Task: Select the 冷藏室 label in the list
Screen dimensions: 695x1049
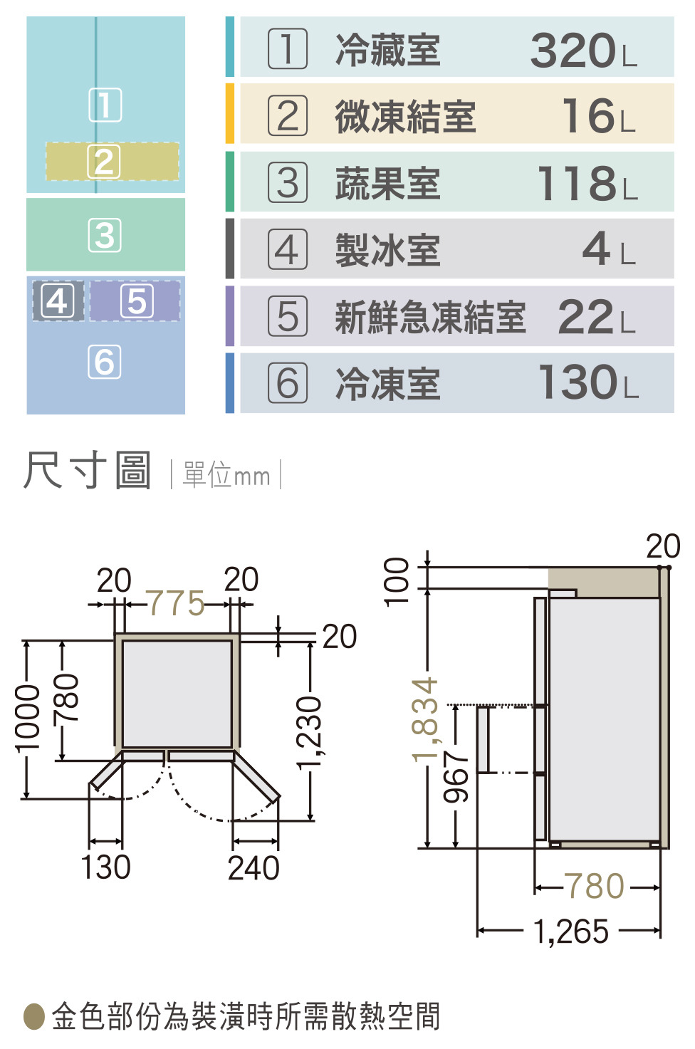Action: tap(388, 50)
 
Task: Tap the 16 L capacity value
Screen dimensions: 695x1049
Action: tap(599, 115)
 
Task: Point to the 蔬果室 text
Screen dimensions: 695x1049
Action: tap(388, 183)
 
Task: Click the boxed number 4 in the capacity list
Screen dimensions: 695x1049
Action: tap(288, 249)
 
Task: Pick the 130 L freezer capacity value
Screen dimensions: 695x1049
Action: tap(588, 382)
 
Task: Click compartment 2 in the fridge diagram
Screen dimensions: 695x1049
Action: tap(113, 162)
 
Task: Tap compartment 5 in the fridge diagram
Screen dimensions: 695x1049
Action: tap(135, 301)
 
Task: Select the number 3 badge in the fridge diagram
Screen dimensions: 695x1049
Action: tap(105, 235)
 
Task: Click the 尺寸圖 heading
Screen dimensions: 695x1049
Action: tap(87, 470)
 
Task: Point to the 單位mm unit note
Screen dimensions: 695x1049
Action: tap(226, 475)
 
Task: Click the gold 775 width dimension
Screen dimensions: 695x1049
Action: tap(176, 603)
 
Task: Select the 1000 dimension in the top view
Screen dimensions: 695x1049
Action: tap(26, 719)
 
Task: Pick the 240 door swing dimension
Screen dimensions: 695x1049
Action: tap(254, 868)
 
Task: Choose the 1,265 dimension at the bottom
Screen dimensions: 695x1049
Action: tap(571, 931)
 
